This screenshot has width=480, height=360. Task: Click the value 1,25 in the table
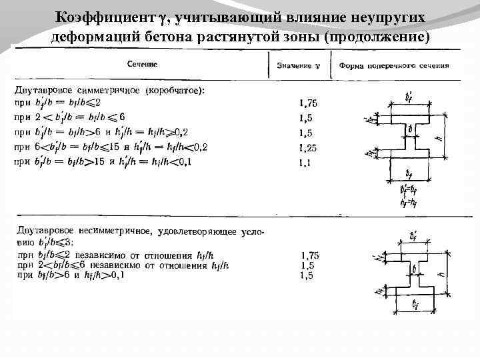(309, 148)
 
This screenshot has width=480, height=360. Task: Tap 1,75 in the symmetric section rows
(309, 103)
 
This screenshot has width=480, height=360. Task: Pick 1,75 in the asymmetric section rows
(310, 255)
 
